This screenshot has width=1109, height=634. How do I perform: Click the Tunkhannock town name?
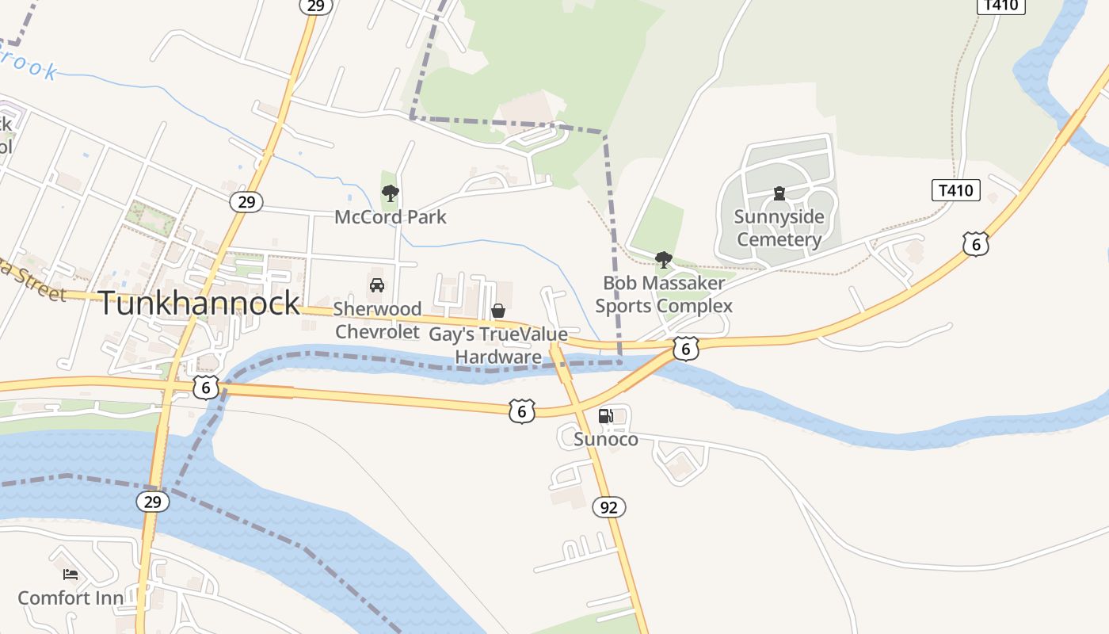[x=199, y=304]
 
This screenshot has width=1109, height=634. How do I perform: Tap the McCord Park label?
[x=391, y=217]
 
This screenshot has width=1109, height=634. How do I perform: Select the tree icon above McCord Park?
[x=390, y=193]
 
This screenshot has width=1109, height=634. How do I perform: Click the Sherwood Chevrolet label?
[x=377, y=320]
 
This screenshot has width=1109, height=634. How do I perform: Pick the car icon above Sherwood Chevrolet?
[x=377, y=285]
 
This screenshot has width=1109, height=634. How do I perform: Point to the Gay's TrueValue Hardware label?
[x=498, y=346]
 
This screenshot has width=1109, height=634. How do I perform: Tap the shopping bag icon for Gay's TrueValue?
[x=498, y=311]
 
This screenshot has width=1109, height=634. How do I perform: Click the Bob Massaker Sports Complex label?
[x=664, y=294]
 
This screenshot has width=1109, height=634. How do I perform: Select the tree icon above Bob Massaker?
[x=664, y=259]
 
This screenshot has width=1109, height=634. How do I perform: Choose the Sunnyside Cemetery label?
[x=779, y=228]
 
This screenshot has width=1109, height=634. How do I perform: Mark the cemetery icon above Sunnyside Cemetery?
[x=779, y=193]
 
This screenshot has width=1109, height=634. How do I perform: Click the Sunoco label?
[x=606, y=439]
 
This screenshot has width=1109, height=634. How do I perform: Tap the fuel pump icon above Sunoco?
[x=606, y=416]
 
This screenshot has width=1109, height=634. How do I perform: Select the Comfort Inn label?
[x=71, y=598]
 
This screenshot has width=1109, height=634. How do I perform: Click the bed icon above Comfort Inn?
[x=71, y=574]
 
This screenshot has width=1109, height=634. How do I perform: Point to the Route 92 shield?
[x=608, y=507]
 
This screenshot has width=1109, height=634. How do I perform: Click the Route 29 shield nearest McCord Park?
[x=246, y=202]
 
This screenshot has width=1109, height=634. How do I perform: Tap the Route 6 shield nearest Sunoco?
[x=521, y=411]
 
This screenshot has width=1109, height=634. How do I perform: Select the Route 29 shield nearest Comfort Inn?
[x=152, y=502]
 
